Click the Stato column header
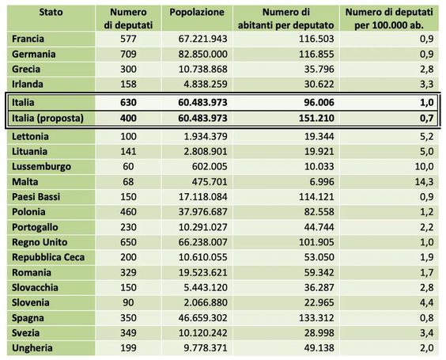pyautogui.click(x=51, y=12)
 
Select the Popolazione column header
pyautogui.click(x=197, y=13)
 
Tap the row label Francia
pyautogui.click(x=28, y=39)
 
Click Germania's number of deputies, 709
pyautogui.click(x=128, y=54)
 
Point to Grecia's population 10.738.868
pyautogui.click(x=202, y=69)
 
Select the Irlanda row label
pyautogui.click(x=28, y=84)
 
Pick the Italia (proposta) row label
pyautogui.click(x=47, y=118)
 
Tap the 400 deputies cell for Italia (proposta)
pyautogui.click(x=128, y=118)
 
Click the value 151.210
pyautogui.click(x=316, y=118)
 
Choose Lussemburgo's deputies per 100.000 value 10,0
pyautogui.click(x=424, y=166)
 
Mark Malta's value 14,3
pyautogui.click(x=424, y=181)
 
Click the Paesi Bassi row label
pyautogui.click(x=36, y=197)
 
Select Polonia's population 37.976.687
pyautogui.click(x=202, y=212)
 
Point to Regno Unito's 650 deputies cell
pyautogui.click(x=128, y=242)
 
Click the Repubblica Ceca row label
pyautogui.click(x=48, y=257)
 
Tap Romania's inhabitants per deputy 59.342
pyautogui.click(x=319, y=272)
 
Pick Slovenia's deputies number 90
pyautogui.click(x=128, y=302)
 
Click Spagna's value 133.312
pyautogui.click(x=316, y=318)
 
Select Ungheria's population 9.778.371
pyautogui.click(x=206, y=348)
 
